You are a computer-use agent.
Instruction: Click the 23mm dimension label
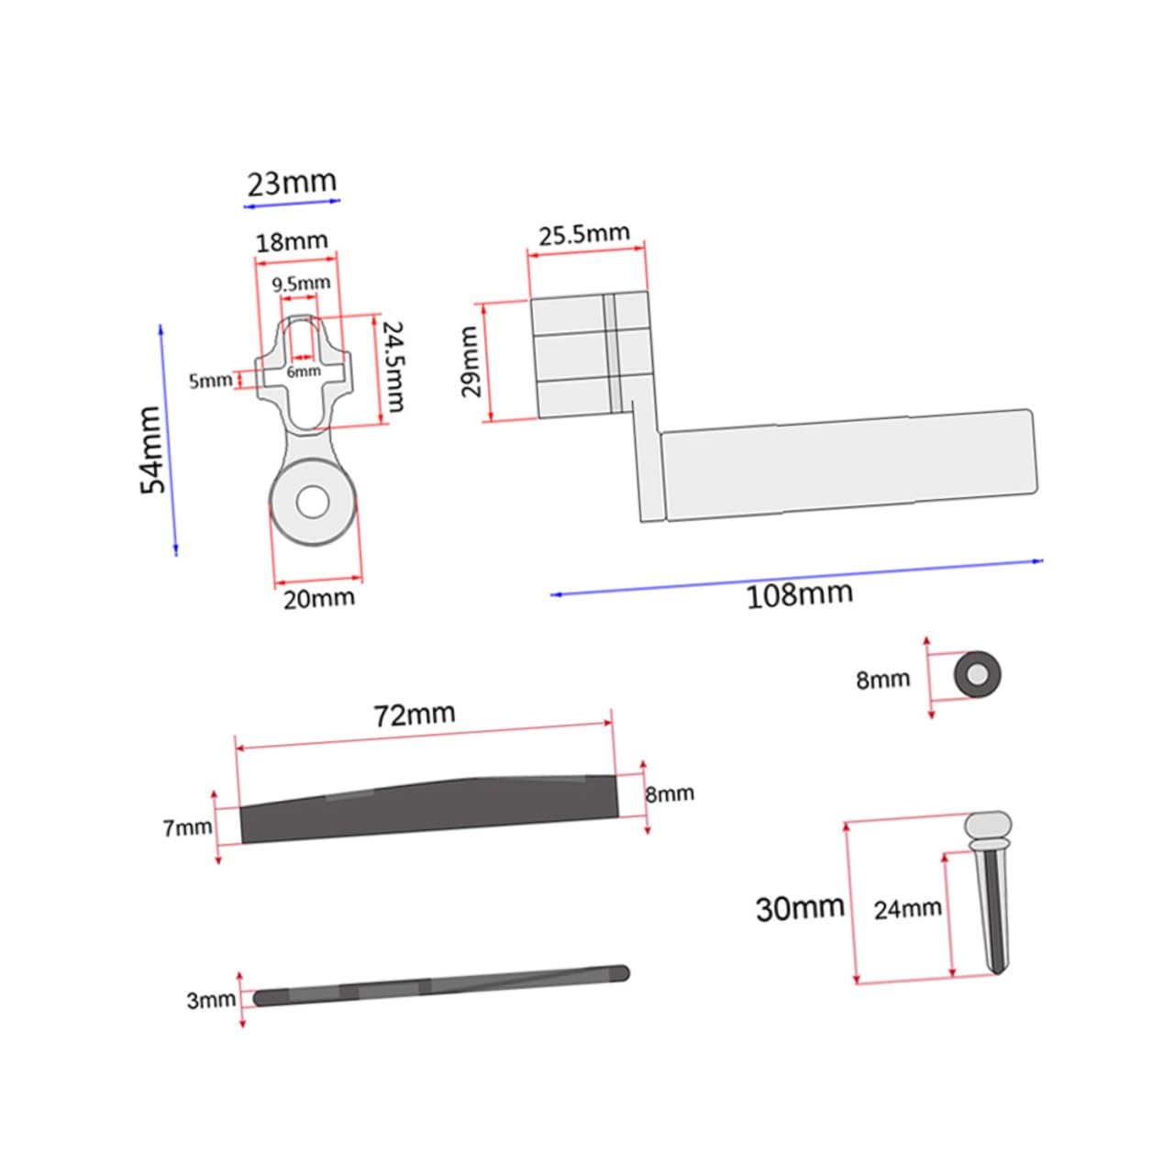click(x=292, y=183)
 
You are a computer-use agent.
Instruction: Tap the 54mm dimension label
click(x=152, y=450)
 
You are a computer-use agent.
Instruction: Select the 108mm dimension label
click(x=799, y=595)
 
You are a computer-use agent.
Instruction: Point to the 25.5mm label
click(x=583, y=234)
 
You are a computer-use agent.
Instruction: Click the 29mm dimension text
click(x=471, y=361)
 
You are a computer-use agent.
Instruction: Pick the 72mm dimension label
click(x=415, y=714)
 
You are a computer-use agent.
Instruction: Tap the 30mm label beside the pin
click(x=800, y=908)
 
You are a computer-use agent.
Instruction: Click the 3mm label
click(x=211, y=1001)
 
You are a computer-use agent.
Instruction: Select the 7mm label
click(x=188, y=827)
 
